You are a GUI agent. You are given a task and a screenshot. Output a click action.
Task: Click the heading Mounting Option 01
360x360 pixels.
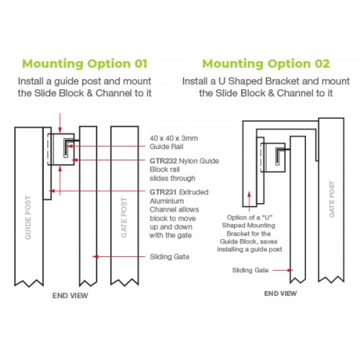[x=85, y=64]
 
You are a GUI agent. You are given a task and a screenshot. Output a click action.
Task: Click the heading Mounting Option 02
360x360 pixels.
[x=266, y=64]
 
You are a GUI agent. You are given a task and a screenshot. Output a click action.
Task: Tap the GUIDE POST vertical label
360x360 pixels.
[x=28, y=217]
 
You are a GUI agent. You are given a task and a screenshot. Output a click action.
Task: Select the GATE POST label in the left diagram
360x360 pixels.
[x=124, y=217]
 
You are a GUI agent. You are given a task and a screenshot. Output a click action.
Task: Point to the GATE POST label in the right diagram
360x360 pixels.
[x=331, y=199]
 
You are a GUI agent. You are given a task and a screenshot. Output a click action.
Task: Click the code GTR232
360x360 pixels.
[x=163, y=161]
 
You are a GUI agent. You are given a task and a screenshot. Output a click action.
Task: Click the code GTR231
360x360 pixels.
[x=163, y=192]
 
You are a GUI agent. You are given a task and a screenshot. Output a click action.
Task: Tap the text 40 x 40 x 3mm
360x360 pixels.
[x=174, y=138]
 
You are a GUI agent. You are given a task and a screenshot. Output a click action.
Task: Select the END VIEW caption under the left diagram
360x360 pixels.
[x=70, y=295]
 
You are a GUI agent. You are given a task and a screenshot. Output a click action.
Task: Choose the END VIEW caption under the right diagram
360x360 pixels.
[x=280, y=293]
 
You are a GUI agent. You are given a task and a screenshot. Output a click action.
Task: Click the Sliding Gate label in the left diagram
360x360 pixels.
[x=169, y=257]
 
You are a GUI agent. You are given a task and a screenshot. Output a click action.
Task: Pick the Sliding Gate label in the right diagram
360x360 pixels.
[x=251, y=270]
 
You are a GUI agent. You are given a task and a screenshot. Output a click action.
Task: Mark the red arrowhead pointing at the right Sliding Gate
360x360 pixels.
[x=290, y=270]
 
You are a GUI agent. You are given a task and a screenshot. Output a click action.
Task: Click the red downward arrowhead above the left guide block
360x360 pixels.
[x=60, y=130]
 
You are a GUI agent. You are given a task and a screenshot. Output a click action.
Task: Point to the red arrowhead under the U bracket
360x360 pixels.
[x=249, y=194]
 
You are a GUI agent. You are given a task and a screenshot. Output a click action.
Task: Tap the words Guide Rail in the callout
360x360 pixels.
[x=166, y=146]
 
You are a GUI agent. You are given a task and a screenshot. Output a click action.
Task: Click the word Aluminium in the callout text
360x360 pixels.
[x=167, y=201]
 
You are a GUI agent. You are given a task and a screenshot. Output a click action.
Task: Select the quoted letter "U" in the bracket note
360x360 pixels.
[x=267, y=217]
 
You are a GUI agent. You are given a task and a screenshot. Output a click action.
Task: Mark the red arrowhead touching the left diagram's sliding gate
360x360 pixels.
[x=96, y=257]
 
